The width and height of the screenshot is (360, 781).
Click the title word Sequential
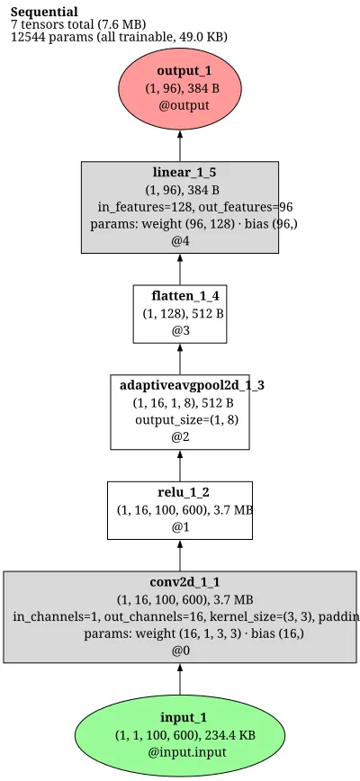pos(44,12)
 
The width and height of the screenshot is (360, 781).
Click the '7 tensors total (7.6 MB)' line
pos(78,24)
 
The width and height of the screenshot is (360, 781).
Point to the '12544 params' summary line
pos(119,37)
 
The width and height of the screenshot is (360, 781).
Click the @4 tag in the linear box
pos(180,241)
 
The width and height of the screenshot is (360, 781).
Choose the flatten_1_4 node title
pos(185,296)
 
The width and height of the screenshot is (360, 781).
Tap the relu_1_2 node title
pos(184,492)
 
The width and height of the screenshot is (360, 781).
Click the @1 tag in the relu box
pos(180,527)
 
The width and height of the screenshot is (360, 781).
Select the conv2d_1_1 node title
pos(184,582)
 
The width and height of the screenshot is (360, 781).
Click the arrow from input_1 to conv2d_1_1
pos(180,679)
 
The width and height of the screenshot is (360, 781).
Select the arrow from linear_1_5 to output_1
pos(180,146)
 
